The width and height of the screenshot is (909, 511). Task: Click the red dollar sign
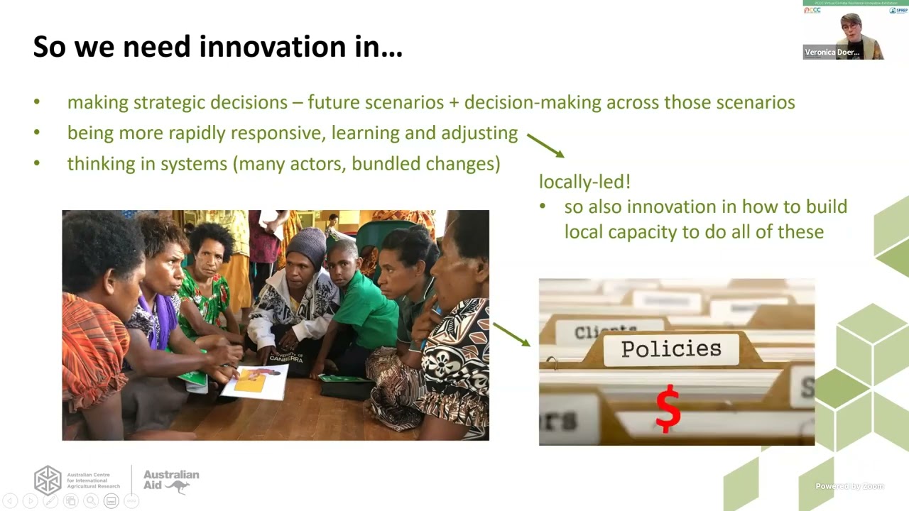pyautogui.click(x=668, y=409)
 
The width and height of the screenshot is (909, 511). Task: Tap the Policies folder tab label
pyautogui.click(x=671, y=349)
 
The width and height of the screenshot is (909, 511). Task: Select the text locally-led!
pyautogui.click(x=584, y=182)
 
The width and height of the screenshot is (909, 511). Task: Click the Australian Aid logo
pyautogui.click(x=171, y=480)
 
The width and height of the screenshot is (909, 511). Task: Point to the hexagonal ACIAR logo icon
pyautogui.click(x=48, y=480)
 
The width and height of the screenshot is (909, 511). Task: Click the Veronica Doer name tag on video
pyautogui.click(x=832, y=53)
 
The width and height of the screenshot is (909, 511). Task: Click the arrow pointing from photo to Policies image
pyautogui.click(x=511, y=334)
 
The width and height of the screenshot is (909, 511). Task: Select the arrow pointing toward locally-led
pyautogui.click(x=545, y=145)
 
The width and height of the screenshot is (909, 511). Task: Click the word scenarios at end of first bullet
pyautogui.click(x=755, y=102)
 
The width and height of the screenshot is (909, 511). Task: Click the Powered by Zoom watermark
pyautogui.click(x=849, y=486)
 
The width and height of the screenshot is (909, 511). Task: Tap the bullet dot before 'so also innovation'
pyautogui.click(x=543, y=207)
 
